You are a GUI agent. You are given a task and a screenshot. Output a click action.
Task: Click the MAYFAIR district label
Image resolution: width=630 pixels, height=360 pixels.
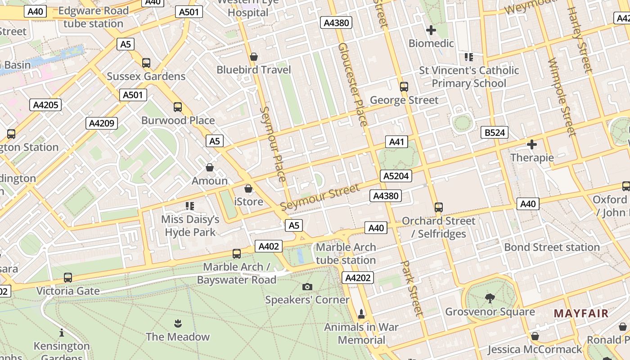coord(580,313)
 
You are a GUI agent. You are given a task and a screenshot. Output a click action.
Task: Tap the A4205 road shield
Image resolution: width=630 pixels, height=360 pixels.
coord(45,105)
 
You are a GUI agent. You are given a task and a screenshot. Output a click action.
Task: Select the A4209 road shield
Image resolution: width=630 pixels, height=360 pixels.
coord(102,123)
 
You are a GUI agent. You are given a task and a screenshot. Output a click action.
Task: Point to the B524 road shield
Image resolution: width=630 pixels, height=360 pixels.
coord(495,132)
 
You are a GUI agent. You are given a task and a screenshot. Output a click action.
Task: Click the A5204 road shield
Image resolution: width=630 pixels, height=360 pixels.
coord(396,176)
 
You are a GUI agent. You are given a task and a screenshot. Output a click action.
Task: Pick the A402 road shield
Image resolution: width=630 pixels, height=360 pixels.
coord(269,246)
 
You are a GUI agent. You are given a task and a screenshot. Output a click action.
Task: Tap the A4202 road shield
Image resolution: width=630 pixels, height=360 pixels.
coord(358,278)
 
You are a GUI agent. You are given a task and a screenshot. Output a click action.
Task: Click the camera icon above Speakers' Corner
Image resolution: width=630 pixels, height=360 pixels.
coord(307,287)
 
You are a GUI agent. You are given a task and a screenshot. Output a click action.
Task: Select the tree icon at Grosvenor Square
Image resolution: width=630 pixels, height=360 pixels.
coord(490,298)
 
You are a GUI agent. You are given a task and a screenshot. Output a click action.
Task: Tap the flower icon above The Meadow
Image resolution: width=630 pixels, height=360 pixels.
coord(178,323)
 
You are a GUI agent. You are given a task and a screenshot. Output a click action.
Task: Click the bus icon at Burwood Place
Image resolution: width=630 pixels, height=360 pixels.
coord(178,107)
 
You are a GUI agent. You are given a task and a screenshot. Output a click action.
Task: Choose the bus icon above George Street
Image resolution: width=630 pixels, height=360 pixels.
coord(404,86)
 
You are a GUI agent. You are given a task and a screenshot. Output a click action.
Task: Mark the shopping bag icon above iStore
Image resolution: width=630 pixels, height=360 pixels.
coord(248,189)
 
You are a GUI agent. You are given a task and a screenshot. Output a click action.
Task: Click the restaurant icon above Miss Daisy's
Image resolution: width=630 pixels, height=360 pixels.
coord(190,206)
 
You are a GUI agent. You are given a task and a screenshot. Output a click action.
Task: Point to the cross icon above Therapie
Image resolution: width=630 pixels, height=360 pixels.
coord(532,144)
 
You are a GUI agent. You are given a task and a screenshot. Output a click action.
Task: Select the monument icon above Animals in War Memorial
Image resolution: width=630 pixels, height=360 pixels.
coord(361,313)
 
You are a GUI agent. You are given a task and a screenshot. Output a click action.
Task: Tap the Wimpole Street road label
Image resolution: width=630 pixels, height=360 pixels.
coord(562,96)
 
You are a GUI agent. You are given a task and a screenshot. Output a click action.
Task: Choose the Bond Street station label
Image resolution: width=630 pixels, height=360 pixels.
coord(552,247)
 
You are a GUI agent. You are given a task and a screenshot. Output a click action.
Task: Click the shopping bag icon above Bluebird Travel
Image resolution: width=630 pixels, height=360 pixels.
coord(254,57)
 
